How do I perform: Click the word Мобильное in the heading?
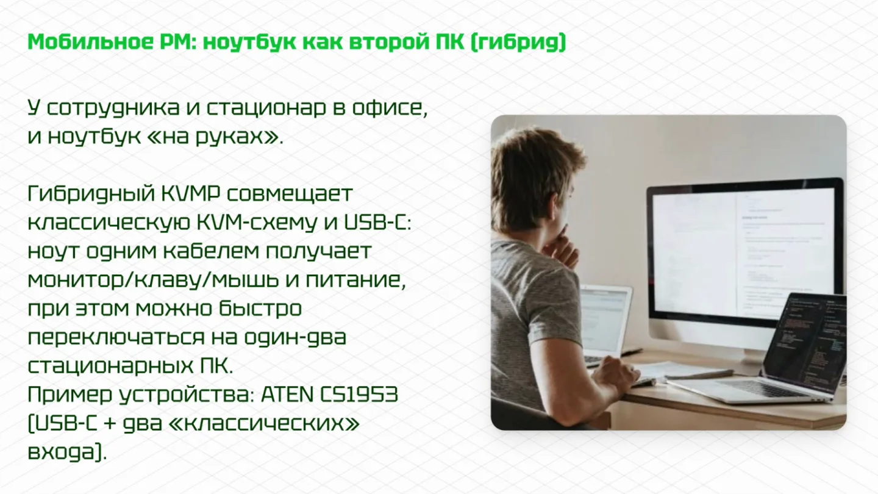pyautogui.click(x=90, y=42)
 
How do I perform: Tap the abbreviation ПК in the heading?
pyautogui.click(x=449, y=42)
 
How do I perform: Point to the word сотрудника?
pyautogui.click(x=113, y=108)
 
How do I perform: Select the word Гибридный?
pyautogui.click(x=91, y=194)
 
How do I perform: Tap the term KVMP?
pyautogui.click(x=191, y=194)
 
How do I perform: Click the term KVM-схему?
pyautogui.click(x=257, y=223)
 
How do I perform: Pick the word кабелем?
pyautogui.click(x=211, y=251)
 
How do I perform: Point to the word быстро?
pyautogui.click(x=260, y=309)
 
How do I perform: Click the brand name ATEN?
pyautogui.click(x=287, y=395)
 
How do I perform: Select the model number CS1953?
pyautogui.click(x=359, y=395)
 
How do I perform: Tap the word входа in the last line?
pyautogui.click(x=62, y=452)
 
